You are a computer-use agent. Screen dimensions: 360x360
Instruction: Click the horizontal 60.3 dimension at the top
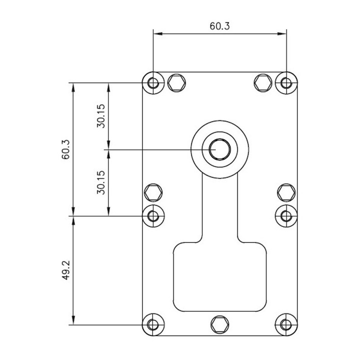[x=220, y=26]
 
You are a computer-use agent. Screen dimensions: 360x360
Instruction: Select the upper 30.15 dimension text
[x=100, y=116]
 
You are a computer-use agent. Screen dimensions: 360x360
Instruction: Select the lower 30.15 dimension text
[x=100, y=182]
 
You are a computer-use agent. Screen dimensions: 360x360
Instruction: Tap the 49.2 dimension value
[x=65, y=270]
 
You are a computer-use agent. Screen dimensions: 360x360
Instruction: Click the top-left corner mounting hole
[x=153, y=82]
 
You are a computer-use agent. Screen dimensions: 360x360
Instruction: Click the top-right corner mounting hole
[x=286, y=82]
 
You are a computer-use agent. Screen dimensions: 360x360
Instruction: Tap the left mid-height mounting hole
[x=153, y=215]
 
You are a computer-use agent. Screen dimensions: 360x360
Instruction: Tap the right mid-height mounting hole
[x=286, y=215]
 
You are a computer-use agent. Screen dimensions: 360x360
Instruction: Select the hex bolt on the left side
[x=153, y=192]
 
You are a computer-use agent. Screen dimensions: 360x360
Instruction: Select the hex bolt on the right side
[x=286, y=192]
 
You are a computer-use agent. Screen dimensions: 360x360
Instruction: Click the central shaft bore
[x=219, y=149]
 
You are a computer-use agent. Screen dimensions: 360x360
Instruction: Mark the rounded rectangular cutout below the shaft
[x=219, y=277]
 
